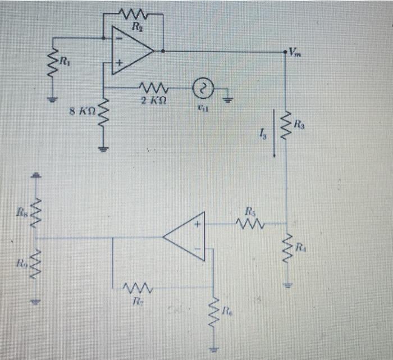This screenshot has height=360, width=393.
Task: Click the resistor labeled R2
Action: (x=134, y=14)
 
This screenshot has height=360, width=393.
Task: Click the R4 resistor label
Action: (x=301, y=246)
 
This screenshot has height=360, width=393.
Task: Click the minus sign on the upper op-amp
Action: (x=118, y=38)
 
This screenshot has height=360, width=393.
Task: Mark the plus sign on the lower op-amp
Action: (x=197, y=225)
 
